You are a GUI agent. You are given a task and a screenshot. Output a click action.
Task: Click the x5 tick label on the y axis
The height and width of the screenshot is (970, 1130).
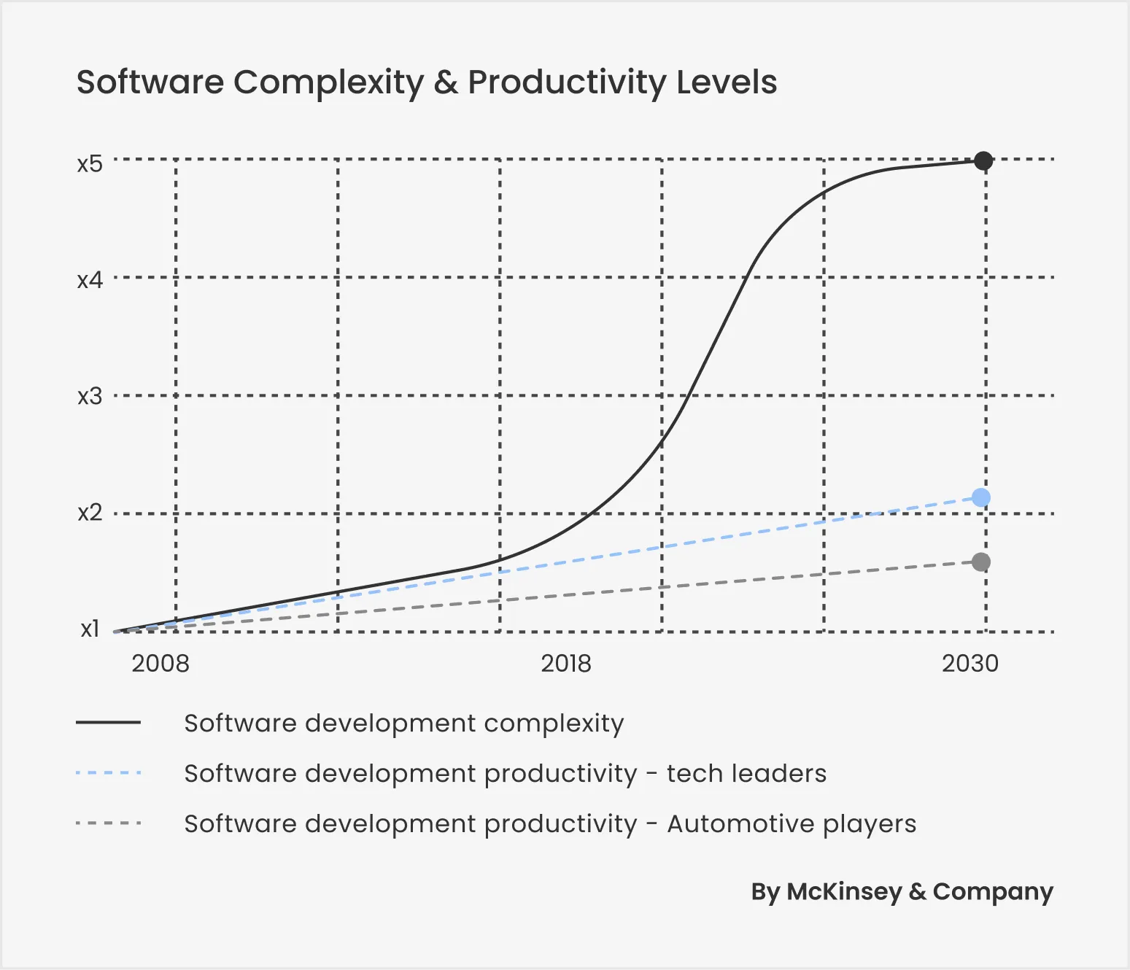point(90,163)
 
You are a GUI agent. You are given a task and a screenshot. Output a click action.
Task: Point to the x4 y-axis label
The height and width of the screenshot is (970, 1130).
point(90,280)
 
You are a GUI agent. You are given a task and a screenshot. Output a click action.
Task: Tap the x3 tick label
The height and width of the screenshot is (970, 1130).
point(90,397)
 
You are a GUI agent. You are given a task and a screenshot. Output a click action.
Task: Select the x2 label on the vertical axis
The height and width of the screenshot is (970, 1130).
point(90,513)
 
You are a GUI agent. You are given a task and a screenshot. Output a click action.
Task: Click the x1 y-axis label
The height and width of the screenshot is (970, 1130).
point(90,629)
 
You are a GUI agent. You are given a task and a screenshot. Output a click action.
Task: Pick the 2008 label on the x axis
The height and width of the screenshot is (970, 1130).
point(160,664)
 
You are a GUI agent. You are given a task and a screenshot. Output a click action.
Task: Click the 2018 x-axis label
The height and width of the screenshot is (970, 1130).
point(565,664)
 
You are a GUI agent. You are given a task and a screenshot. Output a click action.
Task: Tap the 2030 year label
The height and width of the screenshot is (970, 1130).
point(970,664)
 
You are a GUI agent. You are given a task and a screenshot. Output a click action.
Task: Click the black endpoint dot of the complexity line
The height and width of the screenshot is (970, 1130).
point(983,160)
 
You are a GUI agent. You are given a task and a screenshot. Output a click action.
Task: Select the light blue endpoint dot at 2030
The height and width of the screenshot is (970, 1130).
point(981,497)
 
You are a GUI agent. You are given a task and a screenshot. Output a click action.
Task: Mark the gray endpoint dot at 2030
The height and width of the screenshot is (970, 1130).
point(981,562)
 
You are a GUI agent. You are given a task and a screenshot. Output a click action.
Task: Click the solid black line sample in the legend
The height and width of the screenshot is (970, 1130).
point(108,723)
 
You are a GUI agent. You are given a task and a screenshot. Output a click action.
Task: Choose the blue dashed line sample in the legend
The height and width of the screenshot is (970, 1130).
point(108,773)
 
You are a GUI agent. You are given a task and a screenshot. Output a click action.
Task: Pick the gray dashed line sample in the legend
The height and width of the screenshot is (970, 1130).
point(108,823)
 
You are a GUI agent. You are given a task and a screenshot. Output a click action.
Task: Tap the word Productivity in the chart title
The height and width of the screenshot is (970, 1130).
point(566,82)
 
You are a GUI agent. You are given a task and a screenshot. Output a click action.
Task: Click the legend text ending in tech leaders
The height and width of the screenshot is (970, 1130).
point(505,773)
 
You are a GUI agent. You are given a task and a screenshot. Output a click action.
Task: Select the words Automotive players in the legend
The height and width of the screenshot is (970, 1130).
point(792,823)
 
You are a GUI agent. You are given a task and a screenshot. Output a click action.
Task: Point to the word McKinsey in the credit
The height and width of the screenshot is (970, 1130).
point(844,892)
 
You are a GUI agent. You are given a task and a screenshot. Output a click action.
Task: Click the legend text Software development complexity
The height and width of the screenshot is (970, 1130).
point(404,723)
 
